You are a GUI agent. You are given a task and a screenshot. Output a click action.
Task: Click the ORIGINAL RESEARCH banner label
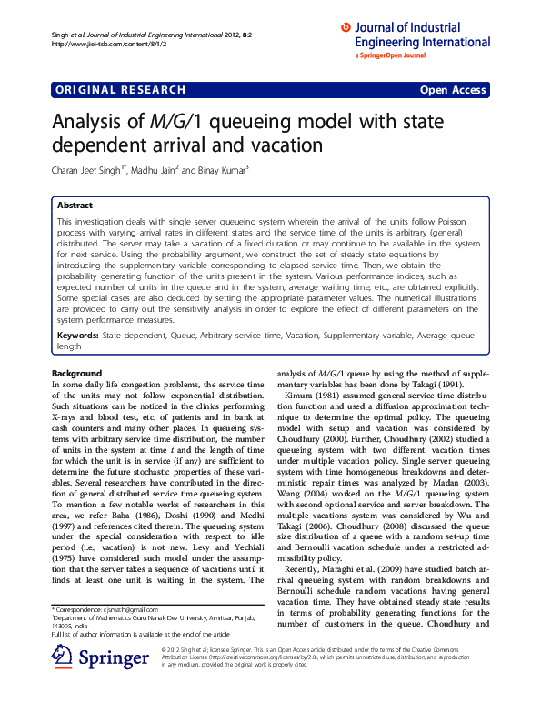pyautogui.click(x=121, y=90)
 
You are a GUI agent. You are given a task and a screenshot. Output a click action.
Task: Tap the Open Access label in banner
pyautogui.click(x=453, y=90)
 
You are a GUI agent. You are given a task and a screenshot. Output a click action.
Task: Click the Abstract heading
pyautogui.click(x=75, y=206)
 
